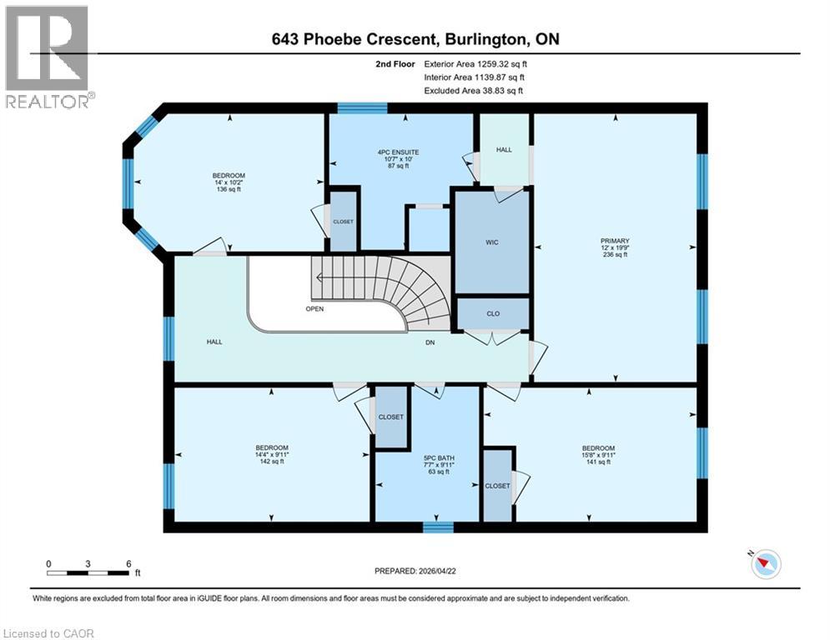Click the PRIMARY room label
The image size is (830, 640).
615,241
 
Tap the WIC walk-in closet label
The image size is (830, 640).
492,242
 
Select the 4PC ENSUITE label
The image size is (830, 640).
398,152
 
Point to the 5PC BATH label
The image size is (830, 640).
439,458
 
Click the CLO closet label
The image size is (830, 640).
493,313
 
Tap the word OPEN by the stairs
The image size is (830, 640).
314,309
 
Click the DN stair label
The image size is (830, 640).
430,342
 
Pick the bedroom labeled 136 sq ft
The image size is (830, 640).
229,182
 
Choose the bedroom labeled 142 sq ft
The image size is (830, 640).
272,454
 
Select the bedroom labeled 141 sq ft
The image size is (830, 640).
598,454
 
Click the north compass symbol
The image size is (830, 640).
766,564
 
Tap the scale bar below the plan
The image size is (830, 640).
88,572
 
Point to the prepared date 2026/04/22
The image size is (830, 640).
415,571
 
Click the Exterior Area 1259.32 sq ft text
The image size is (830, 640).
475,64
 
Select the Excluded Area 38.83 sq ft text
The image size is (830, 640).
473,91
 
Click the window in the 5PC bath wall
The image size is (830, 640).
438,527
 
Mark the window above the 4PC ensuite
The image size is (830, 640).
363,108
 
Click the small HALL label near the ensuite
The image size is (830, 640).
504,150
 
